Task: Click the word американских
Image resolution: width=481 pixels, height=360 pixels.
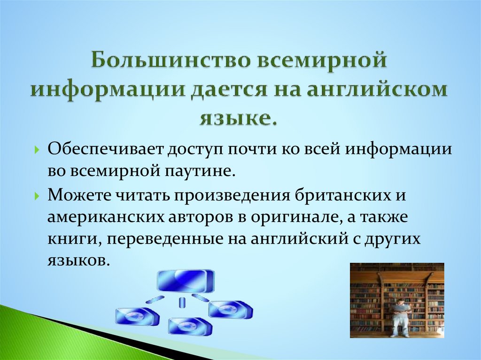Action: (98, 217)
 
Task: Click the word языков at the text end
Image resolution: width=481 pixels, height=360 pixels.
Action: (78, 260)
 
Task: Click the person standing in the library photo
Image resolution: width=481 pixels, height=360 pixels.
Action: (400, 316)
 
